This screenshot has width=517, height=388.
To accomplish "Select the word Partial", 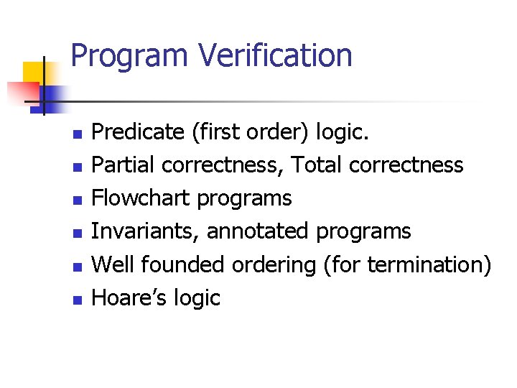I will tap(124, 165).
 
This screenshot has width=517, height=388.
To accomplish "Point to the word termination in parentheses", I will tap(424, 264).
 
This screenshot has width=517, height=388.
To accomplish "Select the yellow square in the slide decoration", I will tap(34, 74).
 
